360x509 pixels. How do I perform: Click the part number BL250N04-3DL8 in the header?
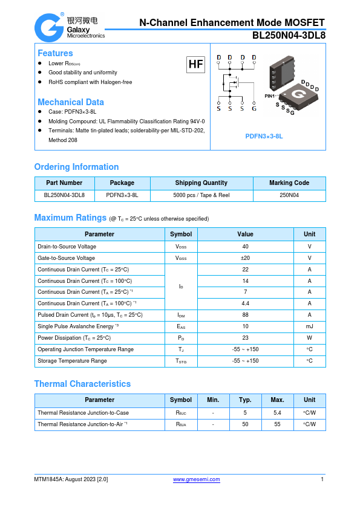pos(289,35)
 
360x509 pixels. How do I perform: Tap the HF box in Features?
pos(195,64)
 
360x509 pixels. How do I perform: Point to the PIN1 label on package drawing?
pos(270,96)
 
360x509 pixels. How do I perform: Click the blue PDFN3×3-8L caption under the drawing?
pos(264,137)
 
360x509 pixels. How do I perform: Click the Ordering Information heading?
pos(76,167)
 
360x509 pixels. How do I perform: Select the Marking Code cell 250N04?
pos(289,195)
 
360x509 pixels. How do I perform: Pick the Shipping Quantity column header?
pos(201,183)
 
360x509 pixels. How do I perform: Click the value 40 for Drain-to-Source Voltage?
pos(245,247)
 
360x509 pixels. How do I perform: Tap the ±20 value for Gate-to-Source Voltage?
pos(245,258)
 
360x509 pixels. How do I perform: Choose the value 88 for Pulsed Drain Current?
pos(245,315)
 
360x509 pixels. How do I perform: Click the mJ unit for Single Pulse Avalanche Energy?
pos(309,326)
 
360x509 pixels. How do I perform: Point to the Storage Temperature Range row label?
pos(72,361)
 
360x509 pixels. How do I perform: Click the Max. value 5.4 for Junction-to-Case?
pos(277,413)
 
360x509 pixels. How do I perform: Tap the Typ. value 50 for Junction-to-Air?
pos(245,424)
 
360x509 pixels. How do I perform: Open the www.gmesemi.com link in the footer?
pos(197,479)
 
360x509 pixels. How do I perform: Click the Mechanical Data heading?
pos(71,102)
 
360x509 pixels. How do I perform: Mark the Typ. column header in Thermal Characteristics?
pos(245,400)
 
